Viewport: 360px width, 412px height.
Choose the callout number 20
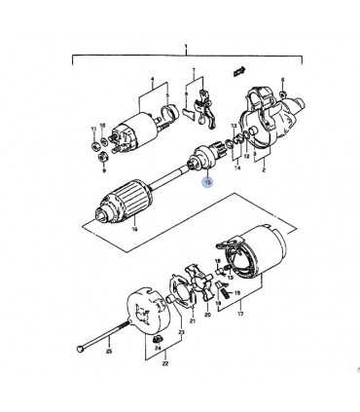(x=206, y=316)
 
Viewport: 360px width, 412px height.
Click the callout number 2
(x=262, y=169)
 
